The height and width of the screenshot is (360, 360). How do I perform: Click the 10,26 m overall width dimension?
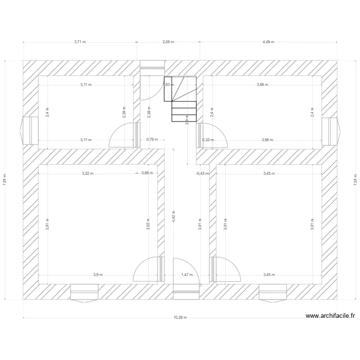tap(180, 317)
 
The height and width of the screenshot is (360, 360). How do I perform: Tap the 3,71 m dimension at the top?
tap(80, 42)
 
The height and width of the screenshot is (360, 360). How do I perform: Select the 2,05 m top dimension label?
tap(168, 42)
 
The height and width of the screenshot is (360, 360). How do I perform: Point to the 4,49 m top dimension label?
tap(268, 42)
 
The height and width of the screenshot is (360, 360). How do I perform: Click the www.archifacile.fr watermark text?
tap(330, 316)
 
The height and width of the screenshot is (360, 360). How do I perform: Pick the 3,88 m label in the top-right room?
tap(263, 84)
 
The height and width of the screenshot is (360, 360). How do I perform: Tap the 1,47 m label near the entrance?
tap(187, 275)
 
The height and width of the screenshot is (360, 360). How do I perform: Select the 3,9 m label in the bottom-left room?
tap(97, 275)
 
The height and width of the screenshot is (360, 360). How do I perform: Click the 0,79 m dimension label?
tap(152, 140)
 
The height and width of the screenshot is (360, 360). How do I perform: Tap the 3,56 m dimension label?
tap(267, 140)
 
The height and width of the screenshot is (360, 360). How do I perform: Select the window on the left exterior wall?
tap(30, 131)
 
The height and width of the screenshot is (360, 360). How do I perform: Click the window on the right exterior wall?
tap(330, 131)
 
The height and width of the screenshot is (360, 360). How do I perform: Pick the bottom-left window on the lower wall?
tap(84, 292)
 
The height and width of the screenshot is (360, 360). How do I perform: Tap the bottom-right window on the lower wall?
tap(273, 292)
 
